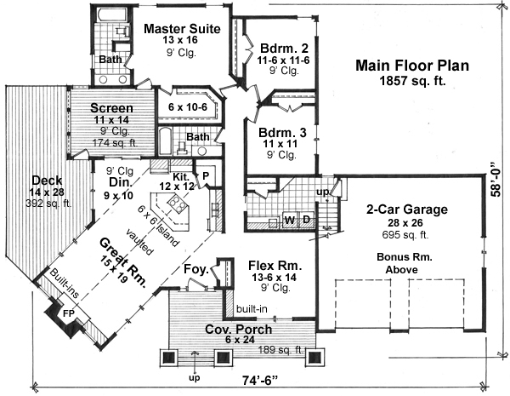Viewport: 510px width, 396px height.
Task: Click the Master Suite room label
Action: coord(182,29)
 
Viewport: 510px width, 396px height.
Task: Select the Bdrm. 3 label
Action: coord(278,133)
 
